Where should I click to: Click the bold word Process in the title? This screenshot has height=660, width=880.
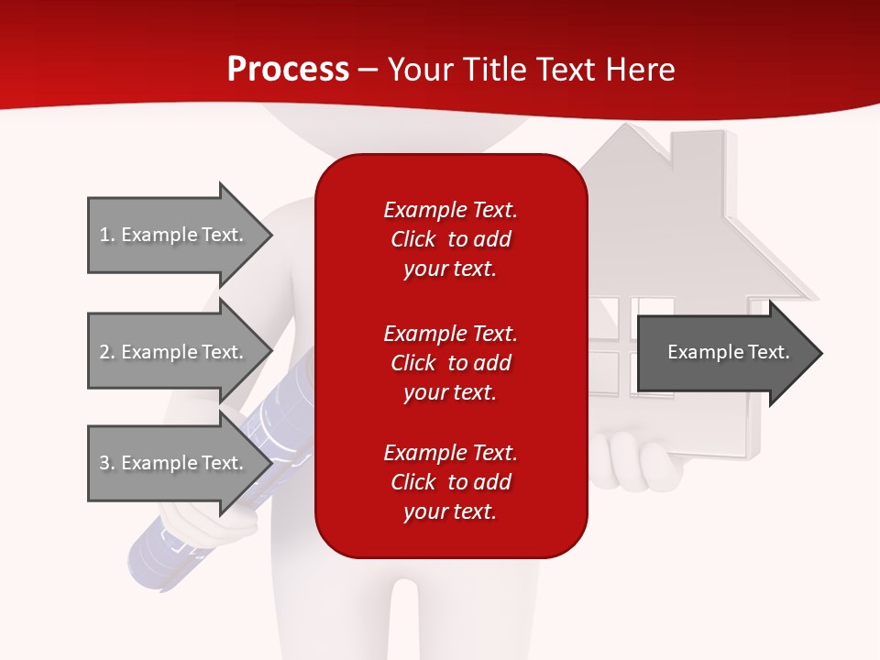[x=288, y=70]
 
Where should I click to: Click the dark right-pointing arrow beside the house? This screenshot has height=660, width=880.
[x=729, y=353]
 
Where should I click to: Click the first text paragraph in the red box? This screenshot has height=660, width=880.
[x=450, y=239]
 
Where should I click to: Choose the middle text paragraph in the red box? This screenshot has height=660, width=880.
[x=450, y=363]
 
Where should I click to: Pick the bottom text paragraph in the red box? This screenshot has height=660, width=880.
[x=450, y=482]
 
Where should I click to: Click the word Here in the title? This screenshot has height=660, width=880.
[x=641, y=70]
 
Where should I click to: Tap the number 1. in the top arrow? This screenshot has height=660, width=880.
[x=106, y=235]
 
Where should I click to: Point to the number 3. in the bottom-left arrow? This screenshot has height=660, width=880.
[x=106, y=463]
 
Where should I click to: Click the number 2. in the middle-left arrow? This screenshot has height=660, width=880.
[x=106, y=352]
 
